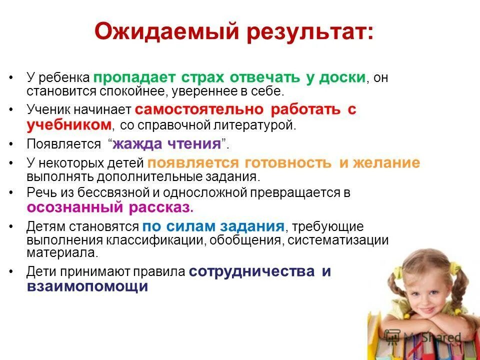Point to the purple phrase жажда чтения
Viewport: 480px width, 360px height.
click(x=167, y=144)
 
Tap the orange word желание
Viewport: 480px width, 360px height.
click(x=387, y=163)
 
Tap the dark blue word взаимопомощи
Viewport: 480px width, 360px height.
click(x=87, y=286)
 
